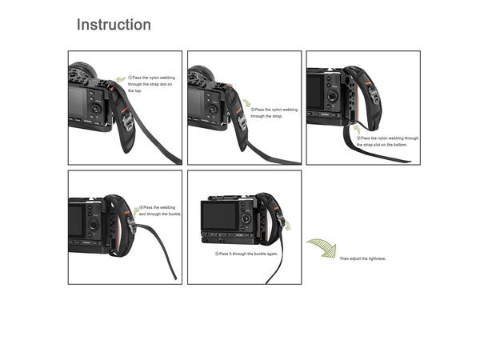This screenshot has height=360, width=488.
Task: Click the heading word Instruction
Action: (113, 25)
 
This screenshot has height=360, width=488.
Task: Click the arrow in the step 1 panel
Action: (121, 78)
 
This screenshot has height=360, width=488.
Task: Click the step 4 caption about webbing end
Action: (162, 211)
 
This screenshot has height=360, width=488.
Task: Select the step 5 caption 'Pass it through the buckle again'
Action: (247, 254)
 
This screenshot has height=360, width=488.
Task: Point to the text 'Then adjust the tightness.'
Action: (362, 259)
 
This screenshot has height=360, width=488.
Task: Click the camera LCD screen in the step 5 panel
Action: (219, 217)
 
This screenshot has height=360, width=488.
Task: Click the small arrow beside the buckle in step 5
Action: (288, 227)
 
